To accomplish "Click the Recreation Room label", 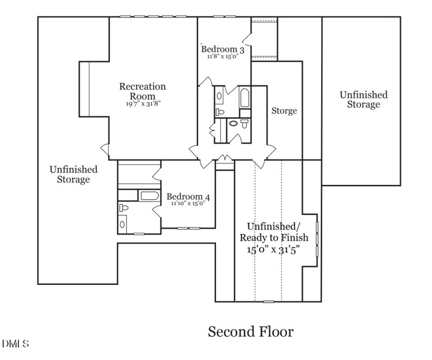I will (x=143, y=91).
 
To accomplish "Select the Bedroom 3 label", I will (x=222, y=50).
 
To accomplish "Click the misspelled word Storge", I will (x=284, y=111).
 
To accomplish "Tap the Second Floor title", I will (x=251, y=331).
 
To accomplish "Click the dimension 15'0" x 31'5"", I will (x=273, y=250).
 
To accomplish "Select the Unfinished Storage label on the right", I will (x=363, y=99).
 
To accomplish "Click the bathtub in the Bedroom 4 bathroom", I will (x=148, y=196).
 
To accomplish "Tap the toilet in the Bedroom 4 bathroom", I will (x=124, y=207).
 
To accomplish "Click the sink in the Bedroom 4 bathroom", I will (x=123, y=224).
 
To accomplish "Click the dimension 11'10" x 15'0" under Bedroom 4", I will (x=187, y=204).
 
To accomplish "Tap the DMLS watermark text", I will (x=15, y=344).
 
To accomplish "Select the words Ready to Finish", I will (x=273, y=238).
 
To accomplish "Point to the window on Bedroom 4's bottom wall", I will (x=188, y=228).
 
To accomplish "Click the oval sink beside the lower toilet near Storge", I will (x=233, y=123).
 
